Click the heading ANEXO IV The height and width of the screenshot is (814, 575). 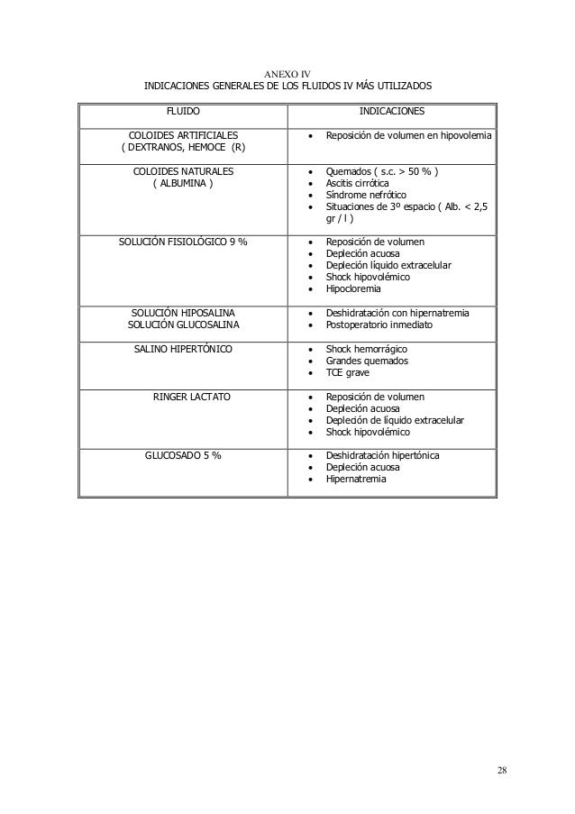coord(287,73)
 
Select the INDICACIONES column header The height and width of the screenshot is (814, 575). coord(387,112)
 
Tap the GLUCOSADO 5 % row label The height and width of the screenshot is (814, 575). coord(185,454)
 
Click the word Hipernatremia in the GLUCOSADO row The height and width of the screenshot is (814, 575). coord(356,479)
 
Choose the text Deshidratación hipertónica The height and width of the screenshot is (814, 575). coord(382,455)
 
